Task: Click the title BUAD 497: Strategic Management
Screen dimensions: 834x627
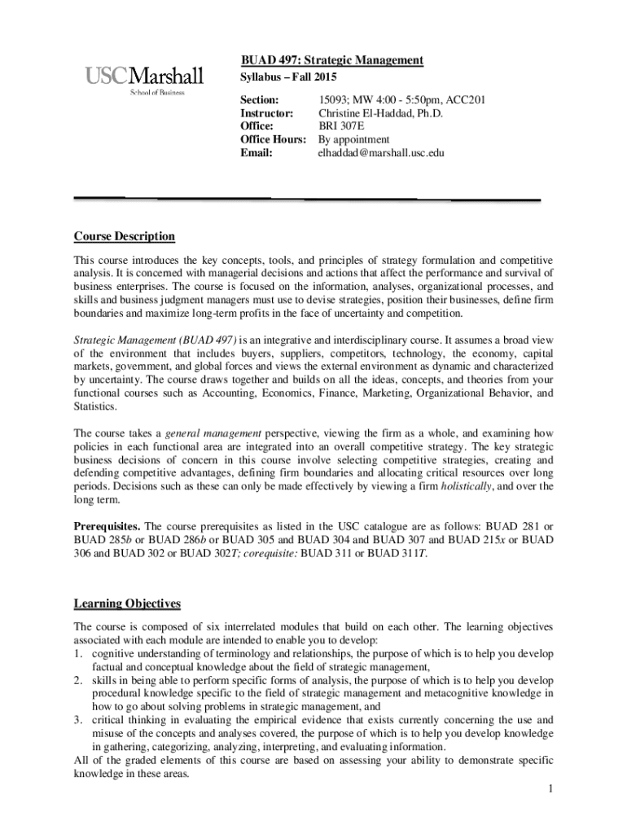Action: [x=331, y=61]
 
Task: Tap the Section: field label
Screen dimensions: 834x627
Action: [x=259, y=100]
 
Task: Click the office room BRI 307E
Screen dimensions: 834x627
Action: [x=340, y=126]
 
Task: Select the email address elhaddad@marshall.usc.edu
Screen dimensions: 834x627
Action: [x=381, y=152]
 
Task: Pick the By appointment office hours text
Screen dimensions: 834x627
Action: [x=353, y=139]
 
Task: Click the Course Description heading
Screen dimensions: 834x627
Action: [x=125, y=236]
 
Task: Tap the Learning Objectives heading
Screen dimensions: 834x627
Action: [x=127, y=604]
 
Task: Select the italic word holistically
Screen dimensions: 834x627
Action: [x=467, y=486]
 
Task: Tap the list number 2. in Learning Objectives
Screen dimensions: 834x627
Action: [x=80, y=680]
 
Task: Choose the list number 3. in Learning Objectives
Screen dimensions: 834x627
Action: [x=80, y=720]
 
